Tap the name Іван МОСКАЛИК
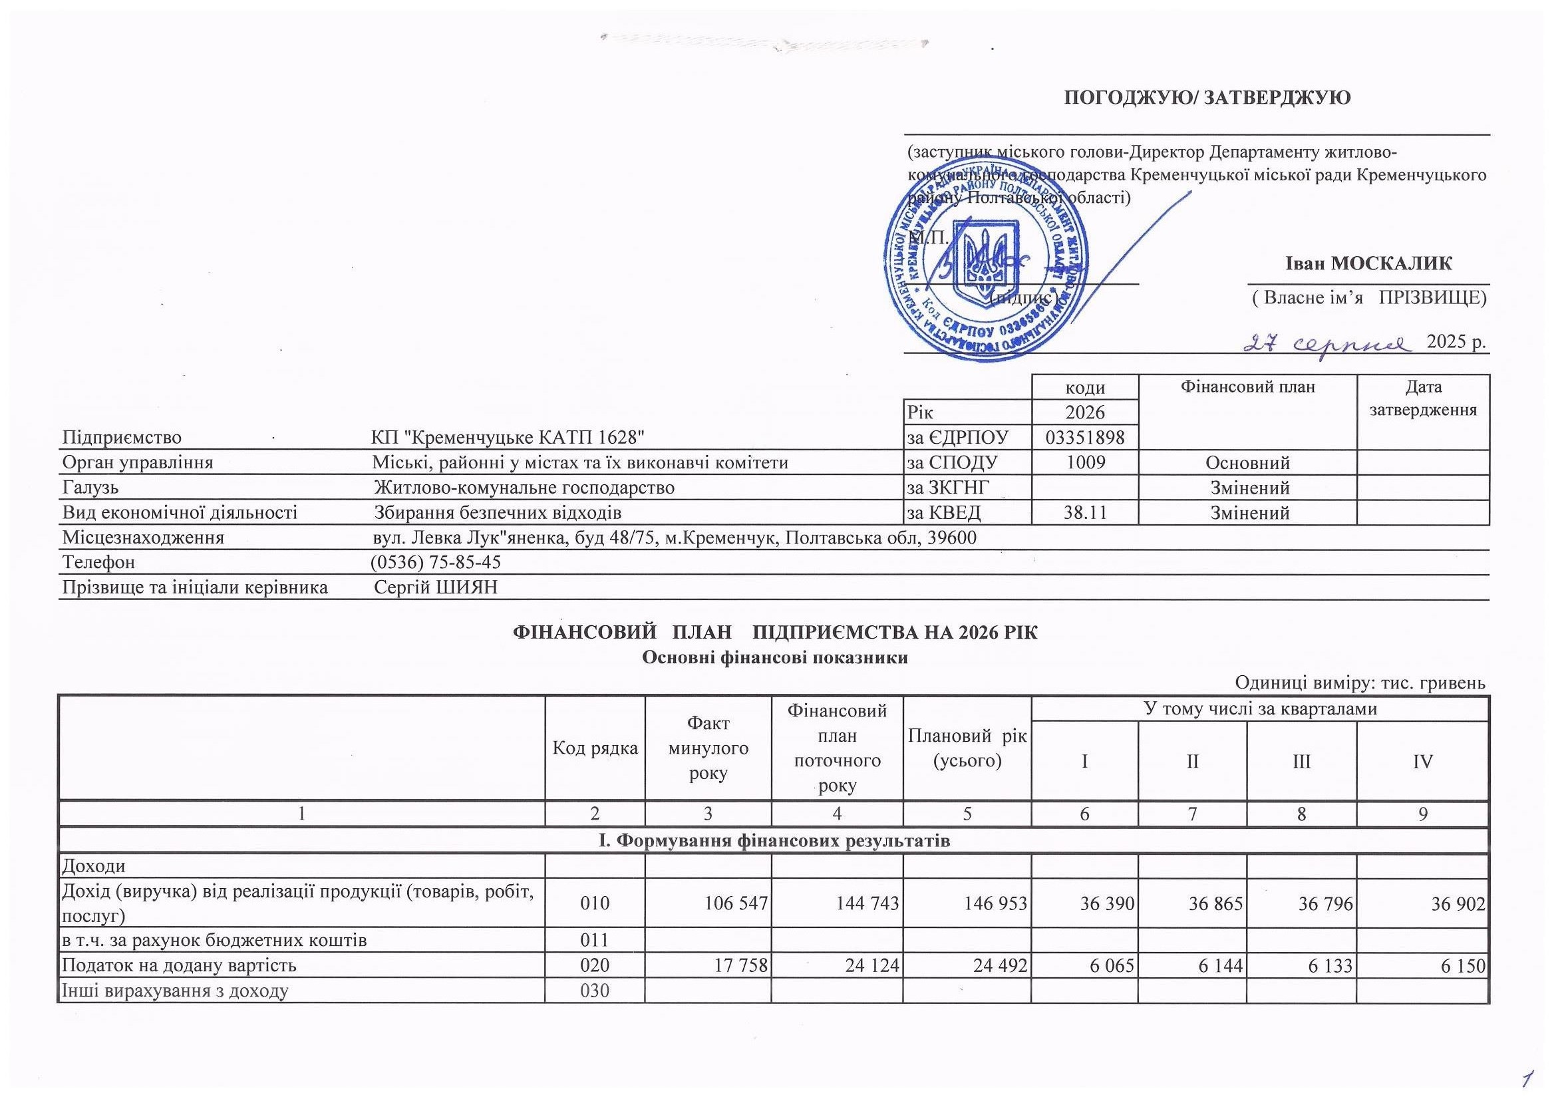coord(1368,263)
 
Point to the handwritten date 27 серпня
coord(1327,343)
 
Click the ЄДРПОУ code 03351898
coord(1084,437)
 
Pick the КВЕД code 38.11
coord(1084,513)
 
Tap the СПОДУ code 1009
coord(1084,463)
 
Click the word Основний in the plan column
coord(1247,463)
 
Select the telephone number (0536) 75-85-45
coord(436,562)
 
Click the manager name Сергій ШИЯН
coord(436,587)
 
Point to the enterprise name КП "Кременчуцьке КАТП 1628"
coord(507,437)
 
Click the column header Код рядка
coord(595,748)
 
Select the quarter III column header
coord(1301,761)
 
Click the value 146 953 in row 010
coord(997,903)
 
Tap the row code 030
coord(595,991)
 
